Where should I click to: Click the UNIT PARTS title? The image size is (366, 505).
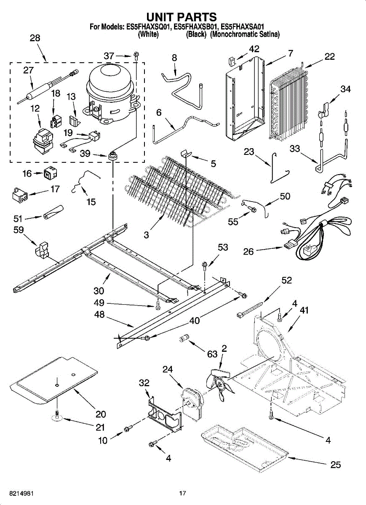(x=182, y=17)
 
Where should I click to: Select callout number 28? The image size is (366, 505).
(x=35, y=38)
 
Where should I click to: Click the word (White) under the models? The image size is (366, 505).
(x=148, y=35)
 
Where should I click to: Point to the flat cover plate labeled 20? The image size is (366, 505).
(x=53, y=379)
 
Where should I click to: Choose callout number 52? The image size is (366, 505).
(x=286, y=281)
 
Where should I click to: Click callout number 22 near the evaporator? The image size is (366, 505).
(x=329, y=56)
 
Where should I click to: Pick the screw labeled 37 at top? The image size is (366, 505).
(x=136, y=55)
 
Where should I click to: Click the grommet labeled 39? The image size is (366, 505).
(x=112, y=156)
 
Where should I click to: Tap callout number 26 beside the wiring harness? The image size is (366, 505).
(x=248, y=252)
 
